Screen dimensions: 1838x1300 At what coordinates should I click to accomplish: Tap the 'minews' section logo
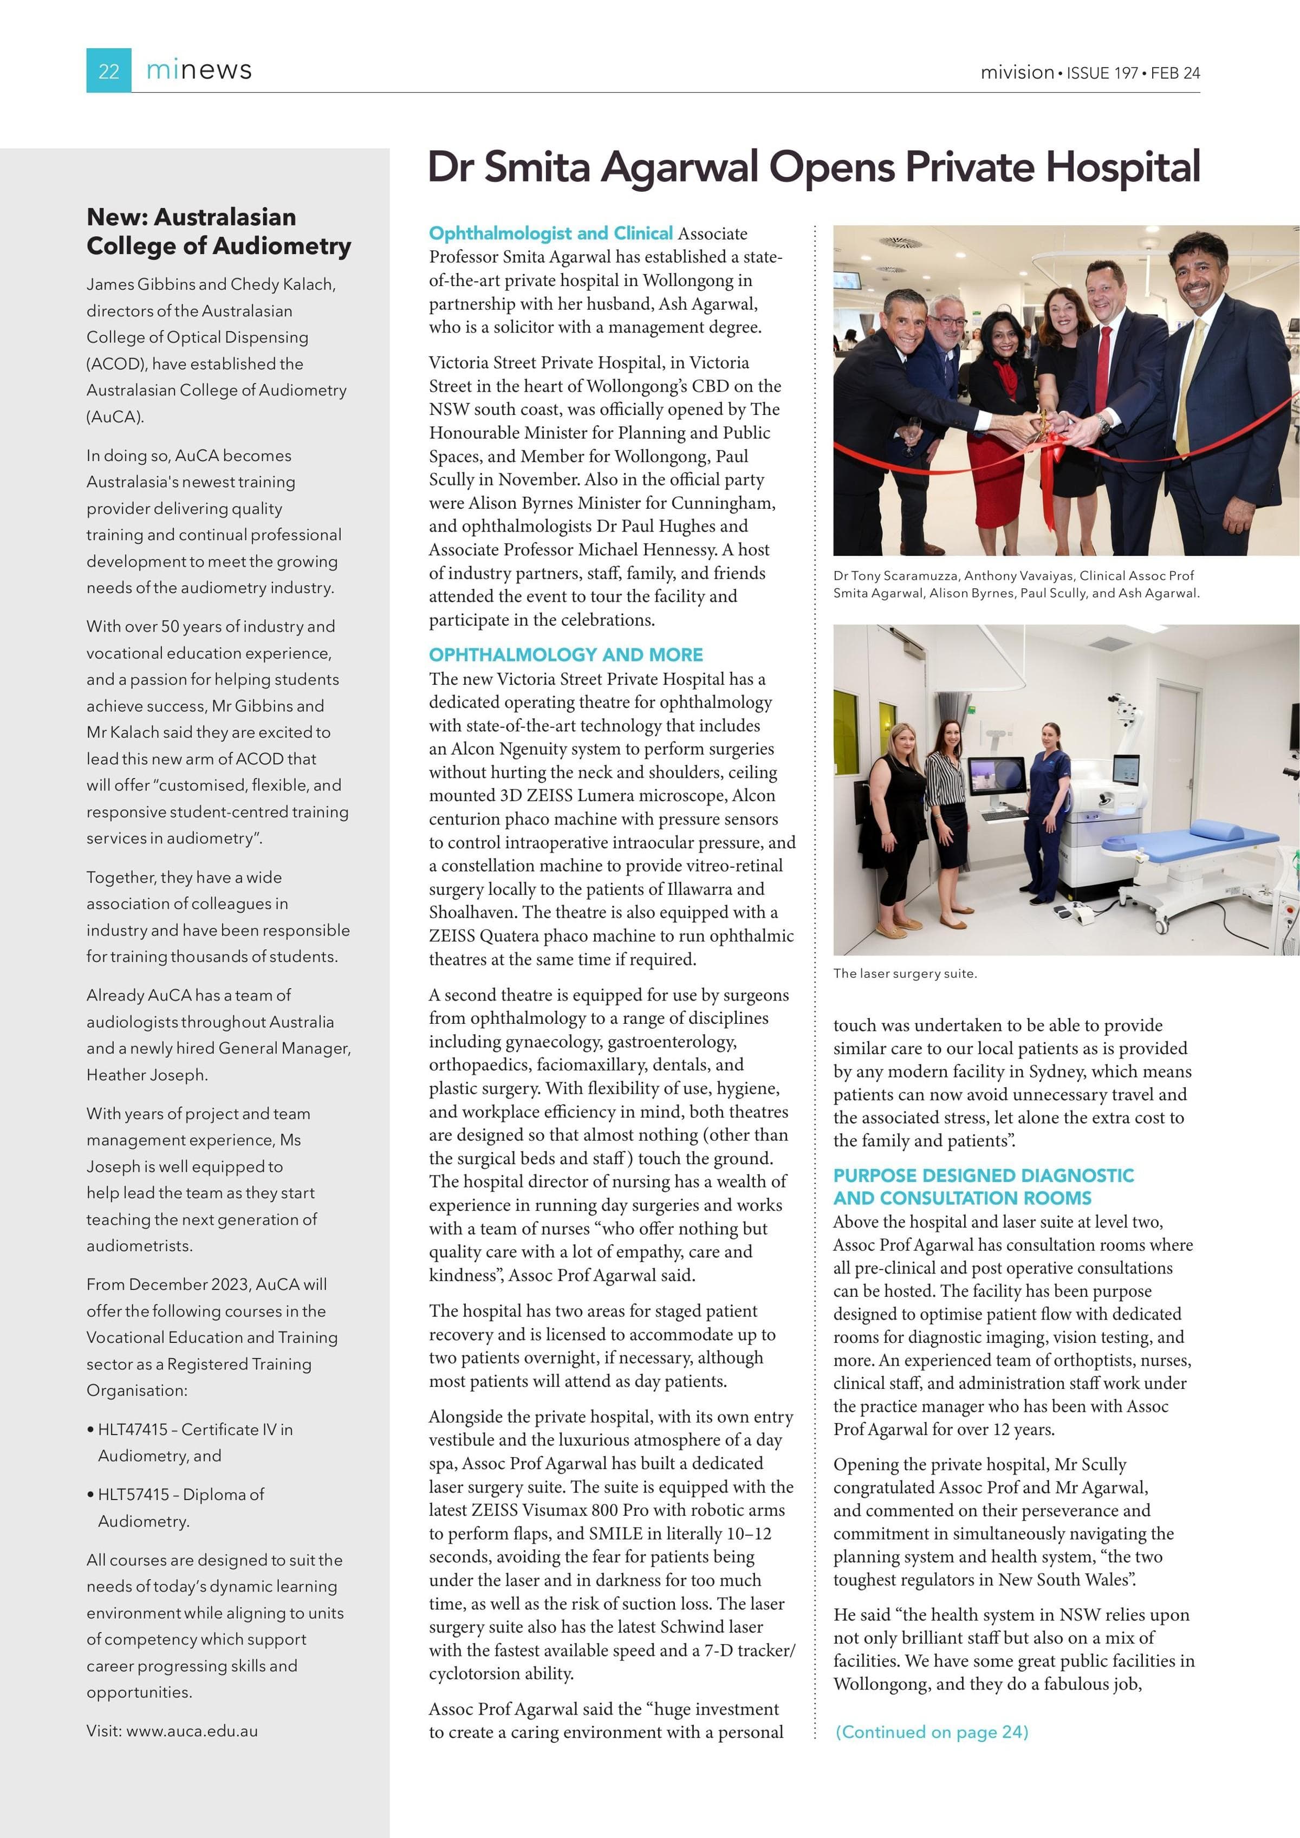(199, 70)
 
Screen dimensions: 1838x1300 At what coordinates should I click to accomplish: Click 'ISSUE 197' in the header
(1102, 73)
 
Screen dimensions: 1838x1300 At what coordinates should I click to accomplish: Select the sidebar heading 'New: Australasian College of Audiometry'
(218, 231)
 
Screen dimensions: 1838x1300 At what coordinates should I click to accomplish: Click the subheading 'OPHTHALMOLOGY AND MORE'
(566, 655)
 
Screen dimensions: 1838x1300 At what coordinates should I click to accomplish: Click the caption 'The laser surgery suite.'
(905, 973)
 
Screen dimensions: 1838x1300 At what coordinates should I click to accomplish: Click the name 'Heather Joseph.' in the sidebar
(146, 1075)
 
